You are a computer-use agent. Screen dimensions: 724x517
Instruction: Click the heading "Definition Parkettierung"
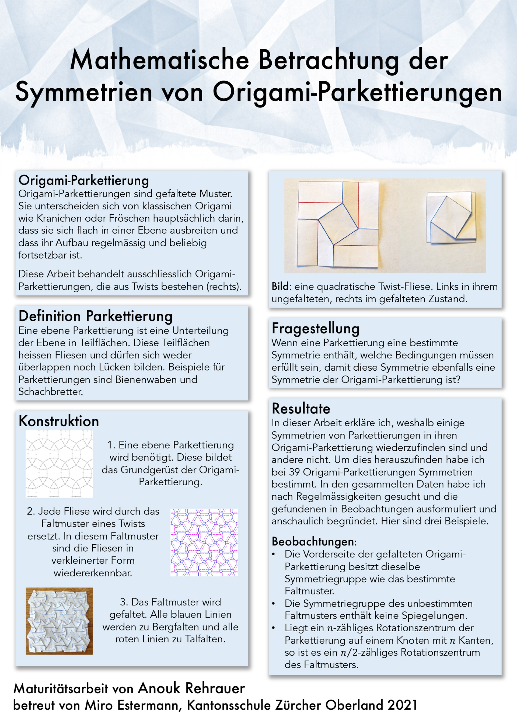[96, 316]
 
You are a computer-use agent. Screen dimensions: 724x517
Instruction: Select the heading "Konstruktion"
[59, 421]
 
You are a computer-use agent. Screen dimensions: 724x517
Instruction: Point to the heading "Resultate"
[301, 409]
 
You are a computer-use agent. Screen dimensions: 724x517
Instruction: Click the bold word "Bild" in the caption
[280, 287]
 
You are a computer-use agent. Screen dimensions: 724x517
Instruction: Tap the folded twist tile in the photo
[451, 217]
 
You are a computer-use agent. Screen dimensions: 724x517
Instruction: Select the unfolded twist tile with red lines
[338, 224]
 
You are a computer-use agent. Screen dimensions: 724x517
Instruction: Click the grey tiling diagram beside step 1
[59, 464]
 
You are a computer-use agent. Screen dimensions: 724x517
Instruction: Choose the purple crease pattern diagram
[204, 542]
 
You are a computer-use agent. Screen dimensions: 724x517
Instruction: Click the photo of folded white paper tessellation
[59, 621]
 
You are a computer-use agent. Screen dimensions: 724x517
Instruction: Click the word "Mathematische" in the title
[159, 60]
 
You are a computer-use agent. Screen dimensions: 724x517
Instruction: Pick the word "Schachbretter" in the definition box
[50, 392]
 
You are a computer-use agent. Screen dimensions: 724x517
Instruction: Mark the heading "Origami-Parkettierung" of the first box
[83, 180]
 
